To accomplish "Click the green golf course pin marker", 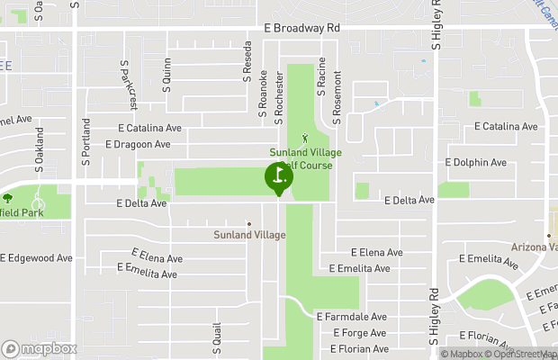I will point(278,176).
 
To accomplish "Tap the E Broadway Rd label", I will point(301,29).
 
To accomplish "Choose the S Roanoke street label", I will point(263,94).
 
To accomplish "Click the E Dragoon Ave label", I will point(138,144).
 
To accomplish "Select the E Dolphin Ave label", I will point(476,163).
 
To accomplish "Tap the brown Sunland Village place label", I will point(249,235).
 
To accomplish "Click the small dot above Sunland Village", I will point(249,223).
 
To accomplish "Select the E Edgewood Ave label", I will point(36,258).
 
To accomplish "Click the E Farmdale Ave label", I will point(351,317).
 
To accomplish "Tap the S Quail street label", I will point(216,337).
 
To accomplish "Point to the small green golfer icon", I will point(304,139).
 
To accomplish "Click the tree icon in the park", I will point(7,197).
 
